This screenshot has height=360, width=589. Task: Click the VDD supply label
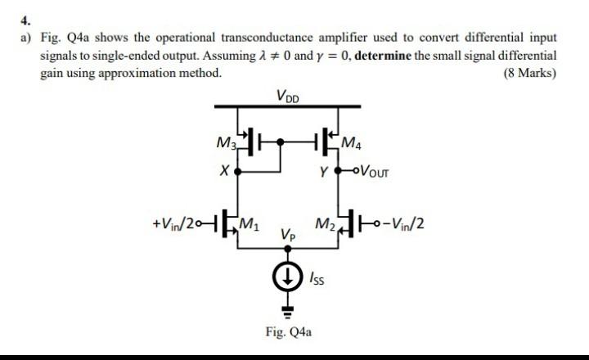tap(289, 97)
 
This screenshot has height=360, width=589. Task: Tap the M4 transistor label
tap(349, 146)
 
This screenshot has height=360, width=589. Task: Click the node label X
tap(223, 173)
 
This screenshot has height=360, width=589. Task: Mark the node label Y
tap(325, 173)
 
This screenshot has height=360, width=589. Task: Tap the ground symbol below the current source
tap(287, 308)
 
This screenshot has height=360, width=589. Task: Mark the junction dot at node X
tap(238, 173)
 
